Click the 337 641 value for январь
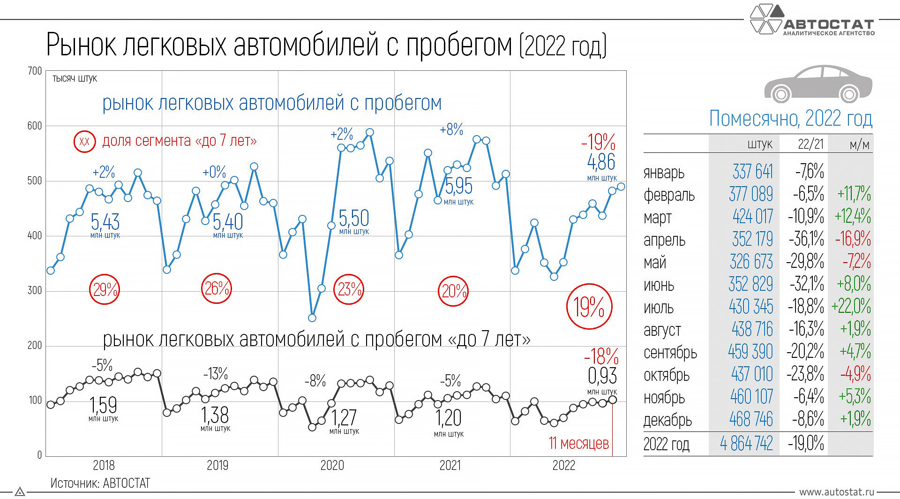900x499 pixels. click(x=752, y=172)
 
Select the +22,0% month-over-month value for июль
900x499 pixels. click(x=851, y=307)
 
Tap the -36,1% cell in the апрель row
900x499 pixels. click(x=806, y=239)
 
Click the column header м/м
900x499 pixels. click(x=859, y=144)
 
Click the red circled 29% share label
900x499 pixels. click(x=105, y=290)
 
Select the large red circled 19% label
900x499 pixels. click(x=589, y=307)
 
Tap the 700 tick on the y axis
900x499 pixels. click(x=35, y=71)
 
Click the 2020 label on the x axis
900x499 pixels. click(x=332, y=466)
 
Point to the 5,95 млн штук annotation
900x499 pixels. click(x=458, y=190)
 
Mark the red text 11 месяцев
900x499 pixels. click(x=579, y=443)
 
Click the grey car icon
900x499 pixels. click(x=818, y=84)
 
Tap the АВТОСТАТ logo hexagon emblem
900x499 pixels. click(x=767, y=20)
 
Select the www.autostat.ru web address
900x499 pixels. click(x=837, y=492)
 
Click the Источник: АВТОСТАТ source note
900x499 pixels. click(x=100, y=483)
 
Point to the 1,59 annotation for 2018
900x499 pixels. click(x=103, y=408)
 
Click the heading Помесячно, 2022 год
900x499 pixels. click(x=790, y=119)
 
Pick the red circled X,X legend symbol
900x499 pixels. click(x=84, y=141)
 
